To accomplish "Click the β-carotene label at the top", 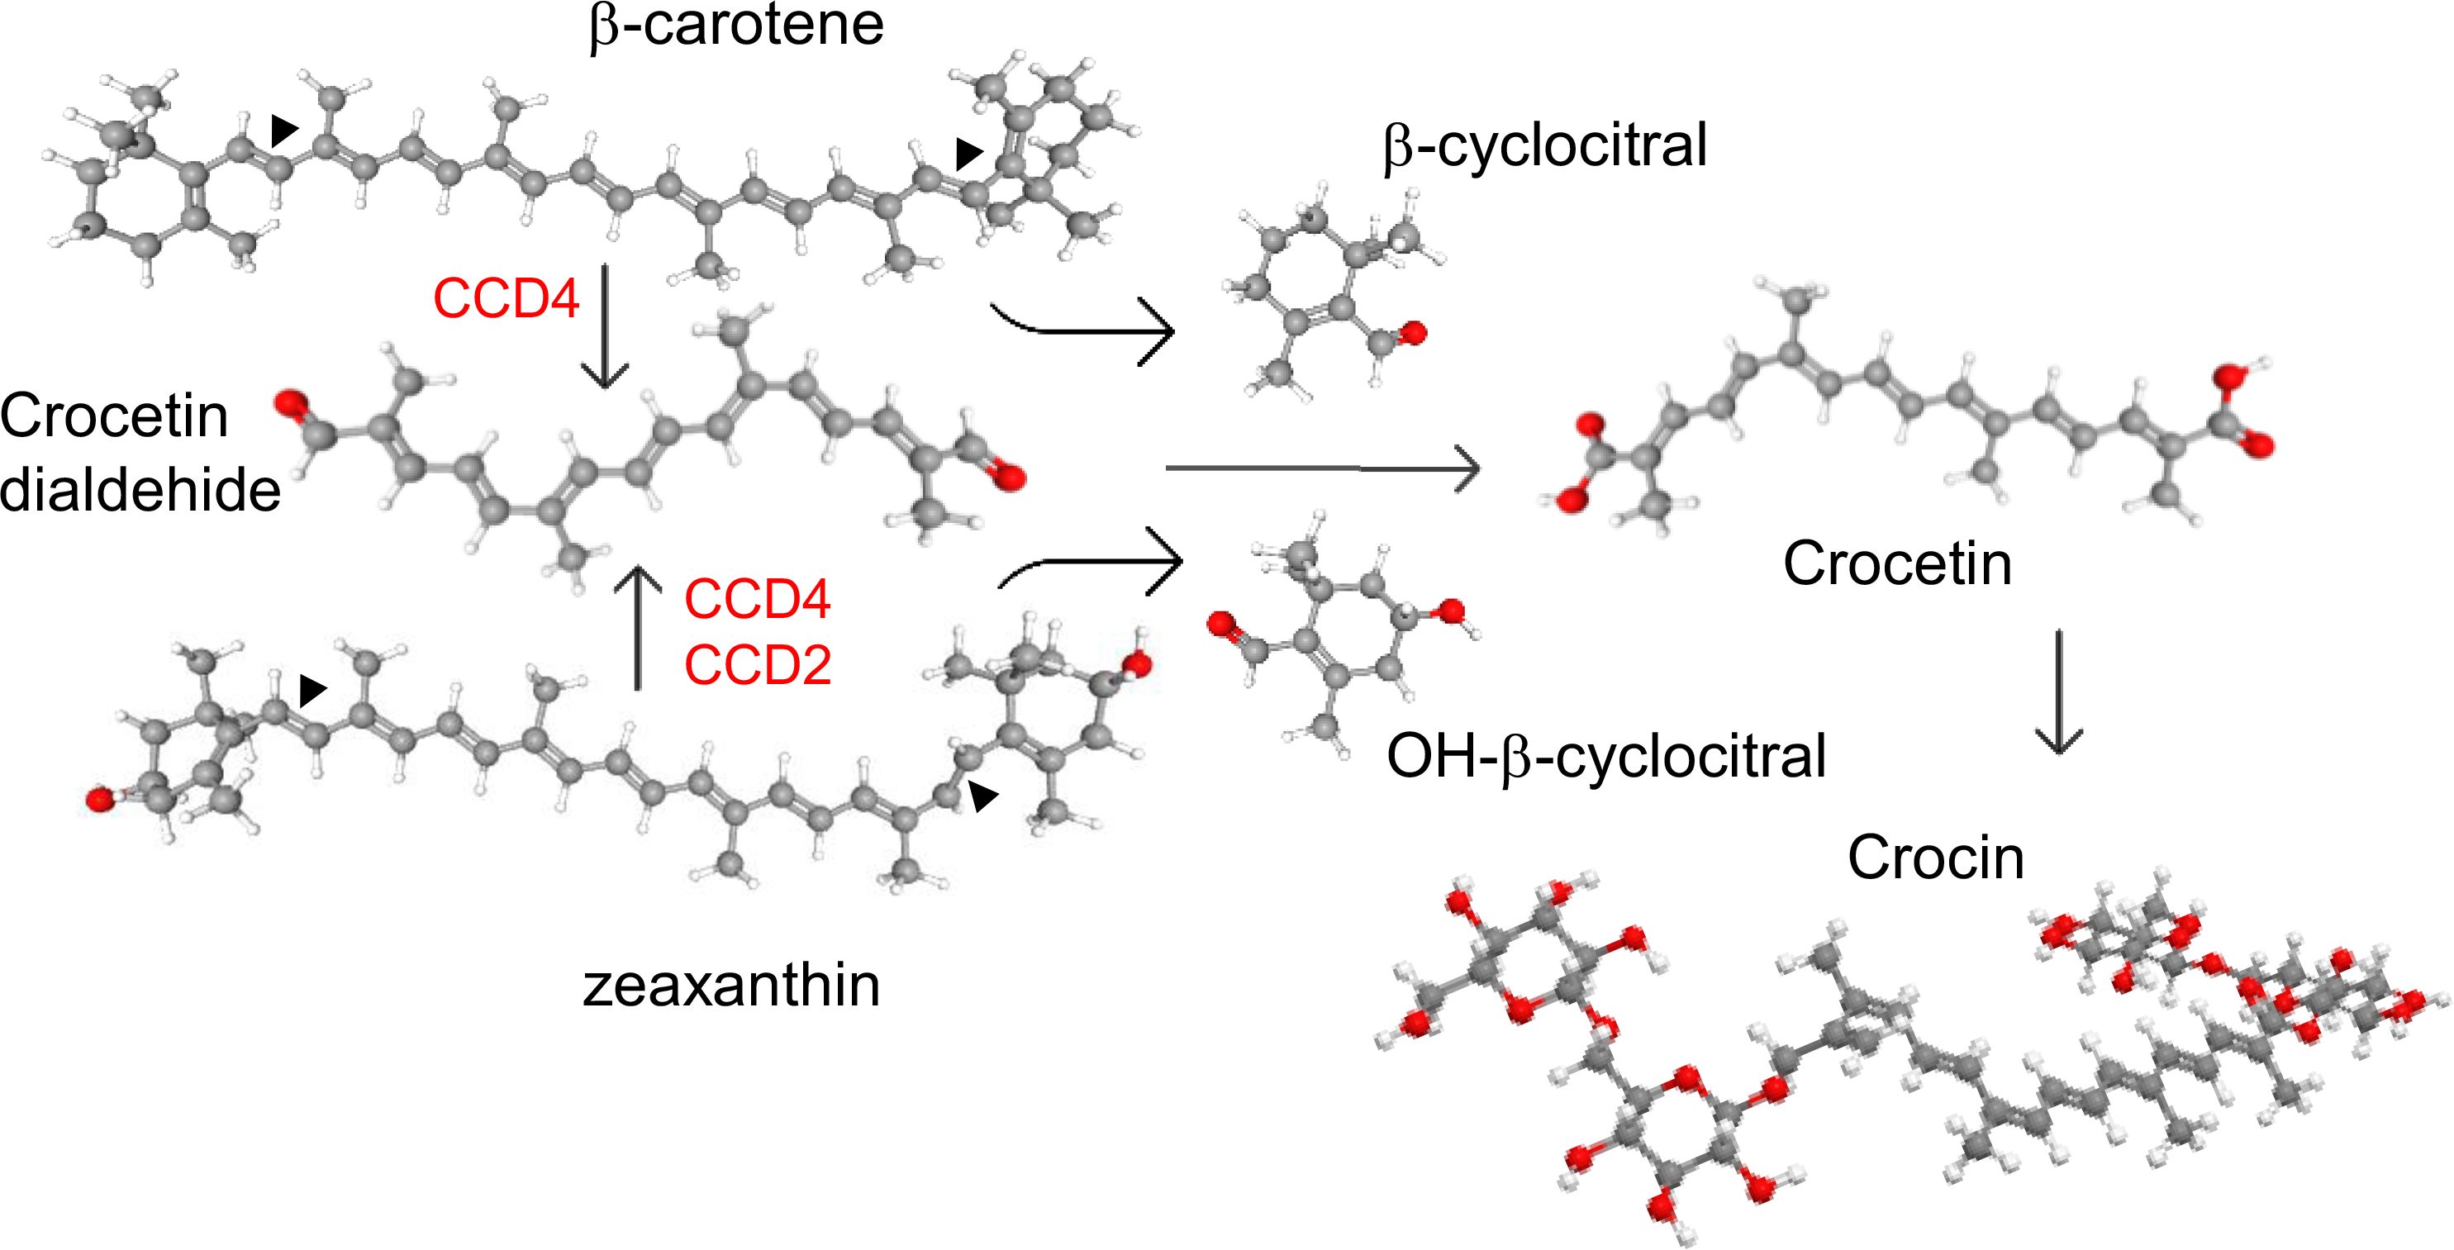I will tap(736, 26).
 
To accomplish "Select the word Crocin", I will tap(1936, 858).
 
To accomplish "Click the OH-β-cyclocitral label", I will tap(1606, 758).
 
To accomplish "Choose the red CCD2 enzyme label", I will tap(758, 665).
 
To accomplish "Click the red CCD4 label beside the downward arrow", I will tap(506, 298).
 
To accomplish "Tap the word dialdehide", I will tap(140, 490).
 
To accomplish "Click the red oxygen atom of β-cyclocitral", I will tap(1414, 334).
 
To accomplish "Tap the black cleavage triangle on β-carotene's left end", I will tap(283, 130).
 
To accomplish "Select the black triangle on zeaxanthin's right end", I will tap(983, 796).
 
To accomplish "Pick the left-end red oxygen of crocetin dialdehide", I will tap(289, 405).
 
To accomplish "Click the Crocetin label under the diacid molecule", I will tap(1897, 564).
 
